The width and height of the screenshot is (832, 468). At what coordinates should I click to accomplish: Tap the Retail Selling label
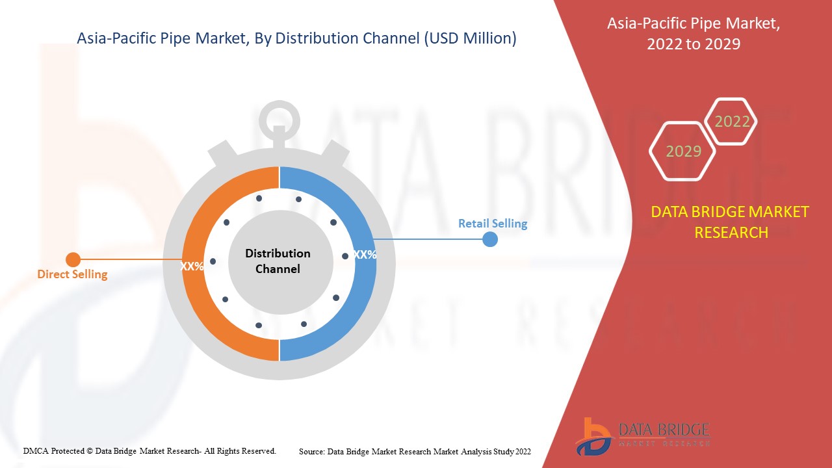493,224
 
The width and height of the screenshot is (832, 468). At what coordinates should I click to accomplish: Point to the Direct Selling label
72,274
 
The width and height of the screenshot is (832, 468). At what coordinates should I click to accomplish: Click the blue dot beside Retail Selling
490,239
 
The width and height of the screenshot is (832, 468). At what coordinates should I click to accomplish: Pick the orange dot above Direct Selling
73,260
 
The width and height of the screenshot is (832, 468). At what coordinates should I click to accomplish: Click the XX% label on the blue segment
365,255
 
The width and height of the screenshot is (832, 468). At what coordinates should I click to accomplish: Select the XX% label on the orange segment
192,266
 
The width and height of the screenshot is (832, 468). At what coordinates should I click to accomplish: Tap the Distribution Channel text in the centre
278,261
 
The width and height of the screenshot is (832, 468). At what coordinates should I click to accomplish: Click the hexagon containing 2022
732,122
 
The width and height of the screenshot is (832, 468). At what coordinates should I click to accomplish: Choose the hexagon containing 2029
683,151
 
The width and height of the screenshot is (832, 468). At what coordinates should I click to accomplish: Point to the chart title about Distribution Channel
296,38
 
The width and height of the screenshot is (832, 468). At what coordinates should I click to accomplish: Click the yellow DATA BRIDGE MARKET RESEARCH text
730,222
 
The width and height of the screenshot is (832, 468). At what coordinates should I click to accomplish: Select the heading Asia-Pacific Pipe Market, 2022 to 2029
694,34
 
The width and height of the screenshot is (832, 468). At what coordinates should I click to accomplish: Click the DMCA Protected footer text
149,450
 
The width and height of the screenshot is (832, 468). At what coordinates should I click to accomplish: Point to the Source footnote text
415,451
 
